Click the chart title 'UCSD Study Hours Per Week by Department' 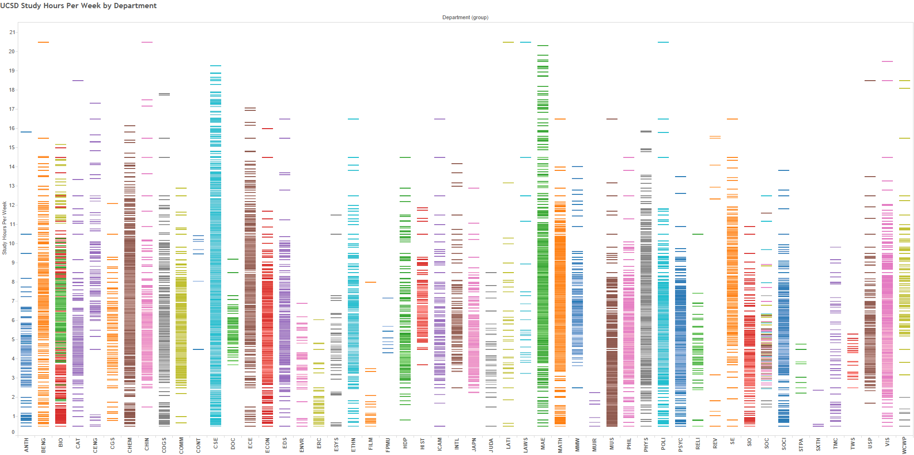click(78, 6)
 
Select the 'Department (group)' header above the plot click(465, 17)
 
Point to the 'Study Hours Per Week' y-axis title click(4, 228)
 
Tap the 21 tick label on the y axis click(12, 32)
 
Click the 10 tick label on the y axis click(12, 243)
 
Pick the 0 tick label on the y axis click(13, 432)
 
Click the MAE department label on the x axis click(543, 443)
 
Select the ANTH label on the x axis click(26, 444)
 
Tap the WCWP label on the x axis click(904, 444)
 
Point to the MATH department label click(560, 444)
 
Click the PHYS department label click(646, 444)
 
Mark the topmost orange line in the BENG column click(43, 42)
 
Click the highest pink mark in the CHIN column click(147, 42)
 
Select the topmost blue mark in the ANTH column click(26, 132)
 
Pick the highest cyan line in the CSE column click(215, 66)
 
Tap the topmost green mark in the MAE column click(543, 46)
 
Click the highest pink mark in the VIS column click(887, 61)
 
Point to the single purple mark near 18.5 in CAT click(78, 81)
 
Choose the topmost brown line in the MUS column click(612, 119)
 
